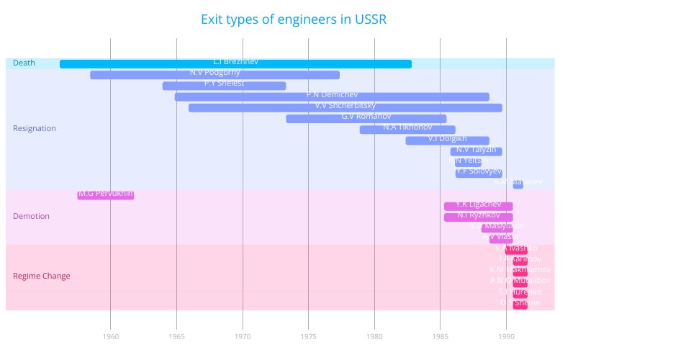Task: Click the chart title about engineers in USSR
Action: (x=294, y=19)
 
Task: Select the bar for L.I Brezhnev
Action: (x=235, y=64)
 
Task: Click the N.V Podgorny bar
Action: (x=214, y=75)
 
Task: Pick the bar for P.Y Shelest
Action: (x=224, y=86)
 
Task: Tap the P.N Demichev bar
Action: (x=332, y=96)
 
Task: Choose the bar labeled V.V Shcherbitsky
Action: (x=345, y=107)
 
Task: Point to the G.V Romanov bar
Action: (x=366, y=119)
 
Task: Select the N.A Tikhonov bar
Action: (x=407, y=130)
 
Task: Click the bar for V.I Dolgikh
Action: (x=447, y=140)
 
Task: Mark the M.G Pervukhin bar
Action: (x=106, y=195)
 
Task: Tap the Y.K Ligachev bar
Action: (x=478, y=207)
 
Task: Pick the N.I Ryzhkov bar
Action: (x=478, y=217)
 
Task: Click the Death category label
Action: (x=24, y=63)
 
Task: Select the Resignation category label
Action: (x=35, y=129)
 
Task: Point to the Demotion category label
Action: (x=32, y=216)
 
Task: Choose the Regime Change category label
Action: (x=42, y=276)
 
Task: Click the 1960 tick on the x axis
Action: (x=110, y=336)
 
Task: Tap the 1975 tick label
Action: (x=308, y=336)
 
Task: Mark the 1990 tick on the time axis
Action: (x=506, y=336)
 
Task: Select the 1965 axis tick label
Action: (x=176, y=336)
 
